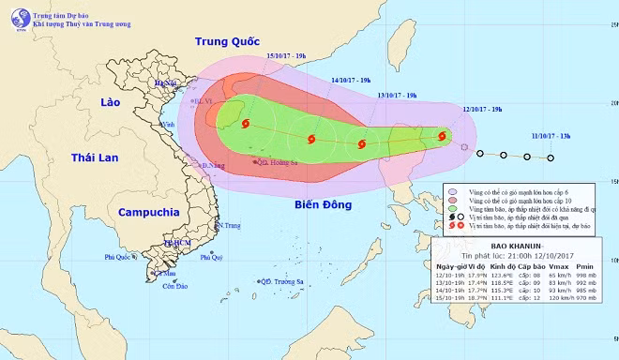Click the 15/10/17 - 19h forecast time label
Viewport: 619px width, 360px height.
pyautogui.click(x=285, y=57)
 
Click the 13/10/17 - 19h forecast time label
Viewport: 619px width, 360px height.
pyautogui.click(x=399, y=96)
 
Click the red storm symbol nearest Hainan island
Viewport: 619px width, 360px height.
pyautogui.click(x=246, y=124)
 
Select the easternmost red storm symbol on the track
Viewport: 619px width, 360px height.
pyautogui.click(x=440, y=139)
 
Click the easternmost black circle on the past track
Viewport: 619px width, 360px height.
pyautogui.click(x=551, y=157)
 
